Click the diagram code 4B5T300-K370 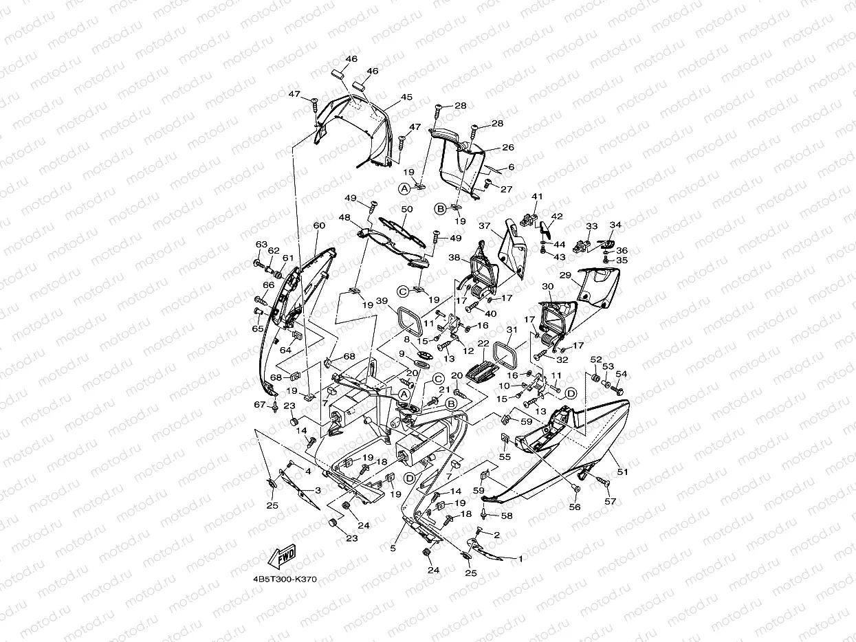[284, 579]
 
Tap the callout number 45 [406, 97]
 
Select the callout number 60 [318, 225]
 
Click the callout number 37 [484, 226]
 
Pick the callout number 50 [406, 209]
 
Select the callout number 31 [511, 329]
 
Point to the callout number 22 [483, 344]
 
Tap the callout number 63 [261, 244]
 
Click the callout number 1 [520, 559]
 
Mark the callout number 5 [393, 548]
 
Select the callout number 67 [259, 405]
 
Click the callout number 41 [537, 197]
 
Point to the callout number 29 [565, 275]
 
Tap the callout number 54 [621, 375]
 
